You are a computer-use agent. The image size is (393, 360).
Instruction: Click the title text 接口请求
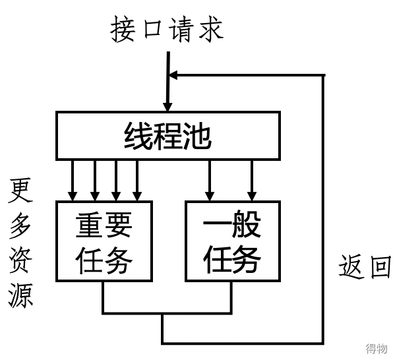click(x=167, y=29)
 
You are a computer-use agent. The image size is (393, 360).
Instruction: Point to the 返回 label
click(x=365, y=266)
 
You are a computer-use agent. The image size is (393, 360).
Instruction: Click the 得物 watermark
click(x=377, y=349)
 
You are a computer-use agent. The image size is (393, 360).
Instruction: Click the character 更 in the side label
click(x=20, y=190)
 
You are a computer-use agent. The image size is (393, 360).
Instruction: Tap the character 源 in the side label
click(x=20, y=295)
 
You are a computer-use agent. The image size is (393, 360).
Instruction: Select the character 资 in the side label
click(x=20, y=260)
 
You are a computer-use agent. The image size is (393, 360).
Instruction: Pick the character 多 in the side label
click(x=20, y=225)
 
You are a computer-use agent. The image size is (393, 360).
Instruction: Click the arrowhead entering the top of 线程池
click(x=167, y=107)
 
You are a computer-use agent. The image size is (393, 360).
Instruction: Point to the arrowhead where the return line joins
click(x=173, y=75)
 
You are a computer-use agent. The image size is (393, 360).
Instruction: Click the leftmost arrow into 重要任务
click(x=73, y=181)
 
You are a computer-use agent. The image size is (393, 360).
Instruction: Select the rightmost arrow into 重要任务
click(x=137, y=181)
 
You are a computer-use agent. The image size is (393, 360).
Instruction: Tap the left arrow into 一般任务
click(x=210, y=181)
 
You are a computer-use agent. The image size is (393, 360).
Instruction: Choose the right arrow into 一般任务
click(x=252, y=181)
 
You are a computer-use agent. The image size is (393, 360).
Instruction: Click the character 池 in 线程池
click(x=198, y=136)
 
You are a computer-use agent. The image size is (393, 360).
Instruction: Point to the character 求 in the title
click(x=211, y=29)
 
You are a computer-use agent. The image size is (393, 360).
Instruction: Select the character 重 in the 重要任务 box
click(x=90, y=224)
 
